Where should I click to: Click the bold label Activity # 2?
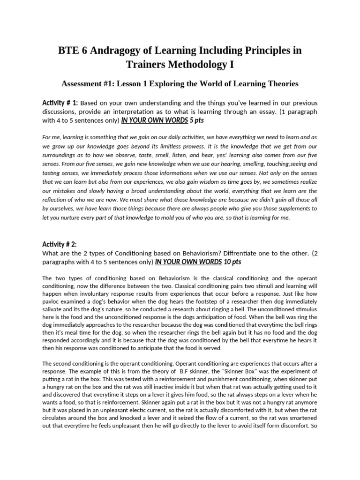coord(60,244)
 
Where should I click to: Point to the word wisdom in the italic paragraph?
coord(185,182)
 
